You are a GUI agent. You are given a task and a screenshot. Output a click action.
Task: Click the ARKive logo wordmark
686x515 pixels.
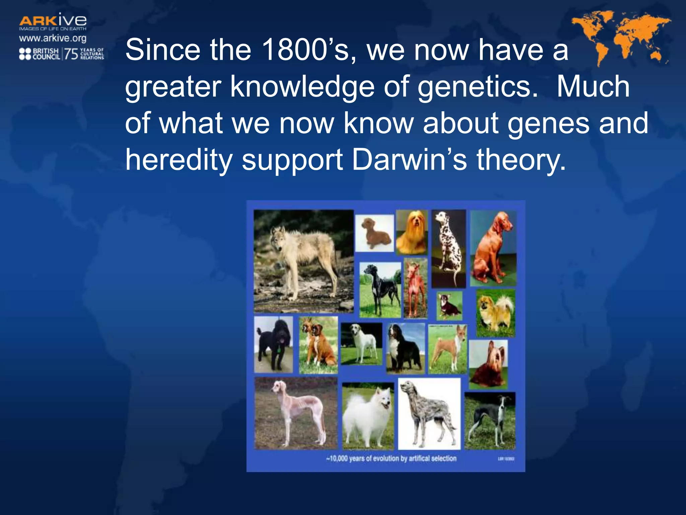point(53,21)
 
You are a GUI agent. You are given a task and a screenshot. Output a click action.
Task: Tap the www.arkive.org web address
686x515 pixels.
point(53,38)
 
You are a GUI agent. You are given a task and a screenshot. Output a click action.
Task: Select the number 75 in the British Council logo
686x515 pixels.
point(71,54)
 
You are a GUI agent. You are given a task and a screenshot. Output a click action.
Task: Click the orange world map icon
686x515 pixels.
point(621,37)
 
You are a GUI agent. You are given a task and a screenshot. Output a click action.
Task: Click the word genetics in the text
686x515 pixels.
point(477,87)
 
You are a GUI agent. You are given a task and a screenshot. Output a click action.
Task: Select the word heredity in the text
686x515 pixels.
point(179,160)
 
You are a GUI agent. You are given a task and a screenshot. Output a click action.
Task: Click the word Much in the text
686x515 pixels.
point(593,87)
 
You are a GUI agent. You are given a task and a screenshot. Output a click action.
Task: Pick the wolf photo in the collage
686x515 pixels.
point(303,261)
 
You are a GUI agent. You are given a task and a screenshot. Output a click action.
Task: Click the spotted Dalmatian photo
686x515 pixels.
point(449,248)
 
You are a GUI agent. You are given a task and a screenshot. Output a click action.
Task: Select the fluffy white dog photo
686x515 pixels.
point(368,416)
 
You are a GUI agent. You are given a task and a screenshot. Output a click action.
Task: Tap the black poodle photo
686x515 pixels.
point(273,344)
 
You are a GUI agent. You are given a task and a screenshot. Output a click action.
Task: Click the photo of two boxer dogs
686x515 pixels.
point(318,345)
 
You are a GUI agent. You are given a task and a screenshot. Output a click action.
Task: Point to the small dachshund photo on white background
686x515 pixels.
point(374,233)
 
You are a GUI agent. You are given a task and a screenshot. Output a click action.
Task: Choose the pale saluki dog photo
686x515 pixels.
point(296,413)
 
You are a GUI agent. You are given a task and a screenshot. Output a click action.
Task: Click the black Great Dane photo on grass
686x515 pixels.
point(380,290)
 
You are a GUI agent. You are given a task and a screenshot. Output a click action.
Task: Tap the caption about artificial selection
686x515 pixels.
point(391,458)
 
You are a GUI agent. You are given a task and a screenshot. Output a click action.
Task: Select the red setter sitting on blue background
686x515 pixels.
point(493,248)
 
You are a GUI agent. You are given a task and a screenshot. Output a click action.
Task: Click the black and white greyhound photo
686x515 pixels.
point(490,421)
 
